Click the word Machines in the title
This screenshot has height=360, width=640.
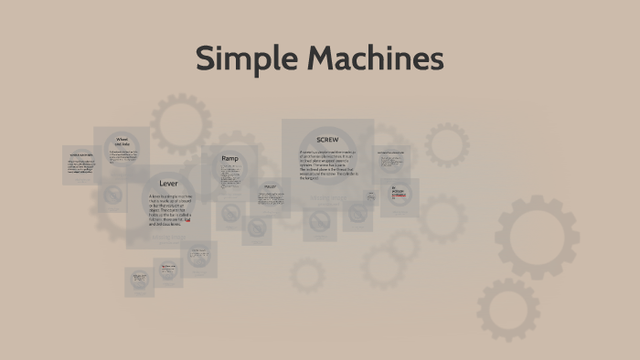click(x=375, y=60)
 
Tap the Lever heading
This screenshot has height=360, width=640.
click(x=168, y=184)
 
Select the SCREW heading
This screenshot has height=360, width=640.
click(x=327, y=140)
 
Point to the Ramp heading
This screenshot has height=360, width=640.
click(x=229, y=159)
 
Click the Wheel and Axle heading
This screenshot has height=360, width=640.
click(x=122, y=142)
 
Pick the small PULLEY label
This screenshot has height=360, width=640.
click(x=270, y=186)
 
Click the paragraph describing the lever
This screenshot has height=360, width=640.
click(x=169, y=211)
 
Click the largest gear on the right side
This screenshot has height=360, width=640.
click(x=537, y=237)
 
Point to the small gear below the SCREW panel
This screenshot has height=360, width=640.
click(x=307, y=274)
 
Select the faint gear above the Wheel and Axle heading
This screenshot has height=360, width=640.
click(x=180, y=123)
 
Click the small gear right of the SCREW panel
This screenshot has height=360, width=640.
click(x=446, y=144)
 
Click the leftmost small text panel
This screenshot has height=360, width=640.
click(x=80, y=164)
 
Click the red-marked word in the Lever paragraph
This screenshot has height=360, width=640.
click(x=187, y=219)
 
